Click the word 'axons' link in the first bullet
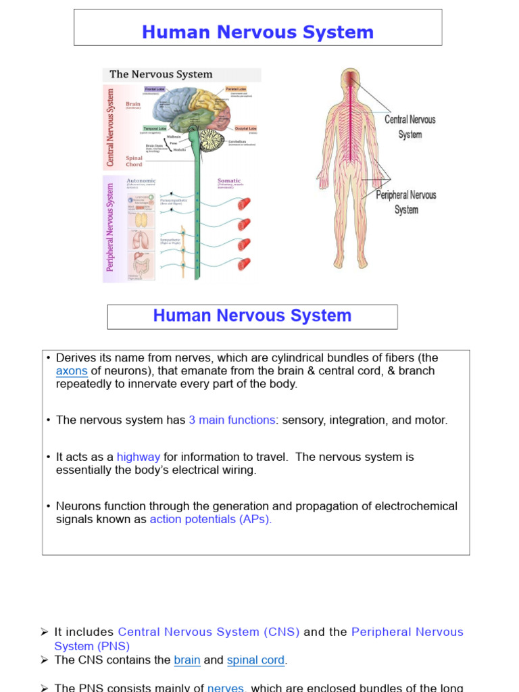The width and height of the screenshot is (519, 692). pos(72,371)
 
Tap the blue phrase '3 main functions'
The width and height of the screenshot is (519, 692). pos(232,420)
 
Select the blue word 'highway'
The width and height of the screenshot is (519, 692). pos(139,458)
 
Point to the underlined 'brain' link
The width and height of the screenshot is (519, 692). pos(187,660)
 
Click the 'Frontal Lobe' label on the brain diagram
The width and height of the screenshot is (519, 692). pos(154,89)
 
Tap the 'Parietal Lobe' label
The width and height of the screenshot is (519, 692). pos(236,89)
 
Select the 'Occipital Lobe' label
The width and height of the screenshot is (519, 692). pos(245,128)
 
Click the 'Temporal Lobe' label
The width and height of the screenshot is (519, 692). pos(154,128)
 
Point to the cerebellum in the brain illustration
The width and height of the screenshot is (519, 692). pos(212,140)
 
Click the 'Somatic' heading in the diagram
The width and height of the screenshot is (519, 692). pos(228,180)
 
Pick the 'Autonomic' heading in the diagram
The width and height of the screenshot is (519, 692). pos(141,180)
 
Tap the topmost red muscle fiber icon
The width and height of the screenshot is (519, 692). pos(244,203)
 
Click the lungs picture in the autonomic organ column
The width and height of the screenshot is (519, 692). pos(141,240)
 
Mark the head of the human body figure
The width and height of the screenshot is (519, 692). pos(351,80)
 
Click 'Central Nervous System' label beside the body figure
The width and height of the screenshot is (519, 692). pos(410,126)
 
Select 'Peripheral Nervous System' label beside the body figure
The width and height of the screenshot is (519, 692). pos(405,202)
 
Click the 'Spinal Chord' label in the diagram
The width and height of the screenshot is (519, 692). pos(134,161)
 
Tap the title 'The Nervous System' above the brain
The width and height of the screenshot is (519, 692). pos(161,74)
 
